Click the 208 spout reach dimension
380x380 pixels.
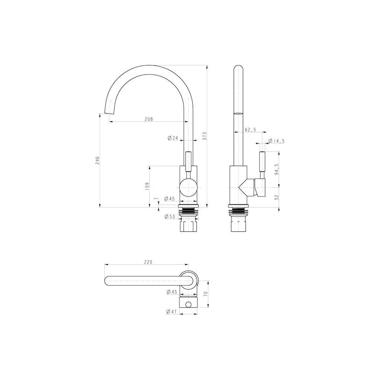pyautogui.click(x=149, y=119)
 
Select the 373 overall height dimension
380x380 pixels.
pyautogui.click(x=204, y=136)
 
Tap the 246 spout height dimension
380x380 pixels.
pyautogui.click(x=97, y=160)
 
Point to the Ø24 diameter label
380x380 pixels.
pyautogui.click(x=173, y=138)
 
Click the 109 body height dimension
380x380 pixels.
pyautogui.click(x=147, y=186)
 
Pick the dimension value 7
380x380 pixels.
pyautogui.click(x=156, y=199)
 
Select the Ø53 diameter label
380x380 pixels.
pyautogui.click(x=169, y=217)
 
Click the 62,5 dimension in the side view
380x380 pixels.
pyautogui.click(x=250, y=130)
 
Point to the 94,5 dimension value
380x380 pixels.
pyautogui.click(x=277, y=169)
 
